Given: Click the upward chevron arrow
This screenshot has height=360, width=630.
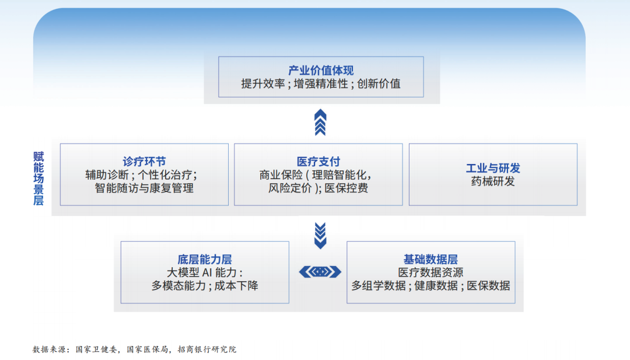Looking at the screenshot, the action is point(320,123).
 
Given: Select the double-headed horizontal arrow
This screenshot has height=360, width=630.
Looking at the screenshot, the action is point(320,272).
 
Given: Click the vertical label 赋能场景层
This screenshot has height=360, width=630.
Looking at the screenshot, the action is point(38,179).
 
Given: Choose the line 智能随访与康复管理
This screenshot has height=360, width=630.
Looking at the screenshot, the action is point(144,188).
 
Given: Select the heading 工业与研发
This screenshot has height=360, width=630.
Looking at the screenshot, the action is point(493,169).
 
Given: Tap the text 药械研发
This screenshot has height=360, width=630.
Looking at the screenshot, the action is point(493,181).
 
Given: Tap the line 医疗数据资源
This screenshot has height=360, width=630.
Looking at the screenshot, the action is point(430,272).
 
